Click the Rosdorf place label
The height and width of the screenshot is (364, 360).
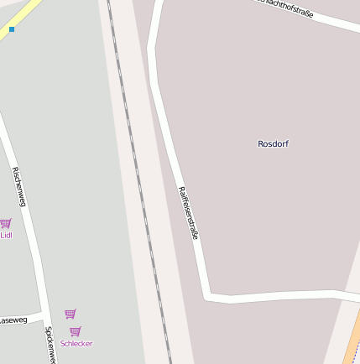[273, 143]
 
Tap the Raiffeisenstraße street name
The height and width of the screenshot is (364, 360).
[189, 213]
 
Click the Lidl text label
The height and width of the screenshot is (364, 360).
[6, 235]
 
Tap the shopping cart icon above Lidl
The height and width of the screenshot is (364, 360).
[5, 224]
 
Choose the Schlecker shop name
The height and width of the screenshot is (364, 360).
[76, 343]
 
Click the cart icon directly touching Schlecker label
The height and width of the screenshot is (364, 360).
[76, 331]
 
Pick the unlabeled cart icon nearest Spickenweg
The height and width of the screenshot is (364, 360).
[70, 314]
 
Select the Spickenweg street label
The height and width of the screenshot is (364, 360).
[50, 345]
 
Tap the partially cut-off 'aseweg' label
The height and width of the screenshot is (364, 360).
[13, 320]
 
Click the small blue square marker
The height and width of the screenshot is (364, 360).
[12, 29]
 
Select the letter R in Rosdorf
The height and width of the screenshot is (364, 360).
[261, 143]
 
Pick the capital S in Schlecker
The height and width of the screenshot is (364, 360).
[63, 343]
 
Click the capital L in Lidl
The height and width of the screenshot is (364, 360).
[2, 235]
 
